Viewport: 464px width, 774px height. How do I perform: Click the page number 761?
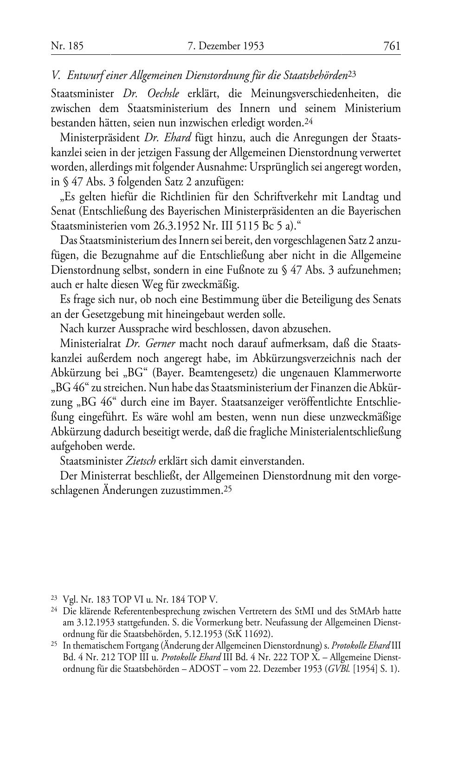pos(392,46)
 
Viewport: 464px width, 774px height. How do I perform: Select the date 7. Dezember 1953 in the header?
pos(226,46)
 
